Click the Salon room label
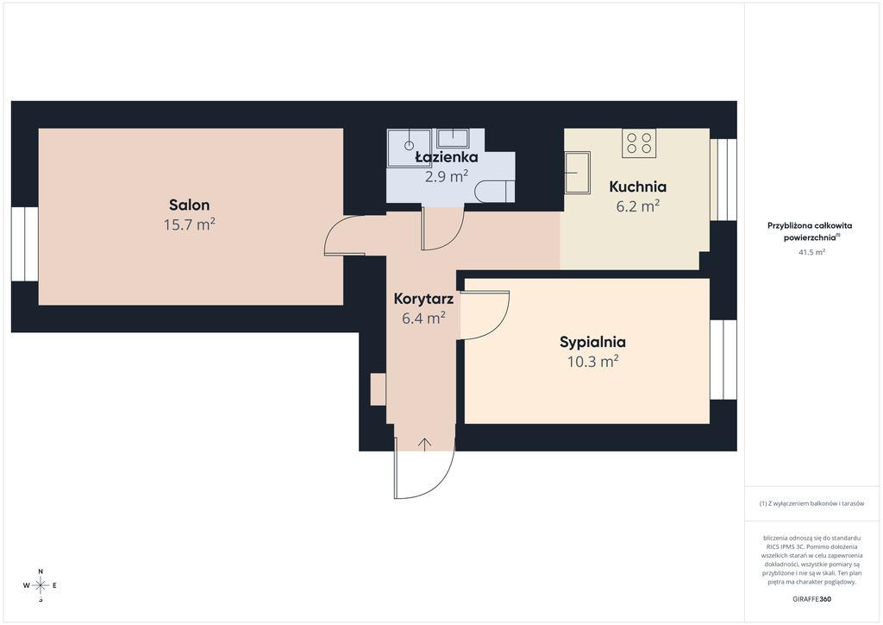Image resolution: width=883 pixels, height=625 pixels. pos(189,205)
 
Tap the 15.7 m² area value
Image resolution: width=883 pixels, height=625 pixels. pos(189,224)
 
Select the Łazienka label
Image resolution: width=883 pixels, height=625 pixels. pos(446,157)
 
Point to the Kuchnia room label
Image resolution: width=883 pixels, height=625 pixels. pos(637,186)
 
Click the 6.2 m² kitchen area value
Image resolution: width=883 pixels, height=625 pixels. pos(637,206)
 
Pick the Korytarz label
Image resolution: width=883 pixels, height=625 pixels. pos(423,299)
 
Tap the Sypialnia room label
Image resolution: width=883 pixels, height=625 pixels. pos(592,342)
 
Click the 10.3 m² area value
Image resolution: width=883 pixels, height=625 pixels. pos(592,361)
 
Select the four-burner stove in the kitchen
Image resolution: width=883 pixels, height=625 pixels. pos(639,143)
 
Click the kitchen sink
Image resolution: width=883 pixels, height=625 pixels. pos(577,172)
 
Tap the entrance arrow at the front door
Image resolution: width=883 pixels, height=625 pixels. pos(424,444)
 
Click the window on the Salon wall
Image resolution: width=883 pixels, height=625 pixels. pos(25,244)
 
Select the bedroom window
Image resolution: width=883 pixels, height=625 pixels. pos(723,360)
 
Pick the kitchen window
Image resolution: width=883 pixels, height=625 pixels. pos(723,180)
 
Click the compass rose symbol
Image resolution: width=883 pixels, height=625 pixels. pos(41,585)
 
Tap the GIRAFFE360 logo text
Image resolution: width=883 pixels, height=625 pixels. pos(811,599)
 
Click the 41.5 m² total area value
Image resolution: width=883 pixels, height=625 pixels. pos(811,252)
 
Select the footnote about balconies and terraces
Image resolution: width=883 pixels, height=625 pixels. pos(811,503)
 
